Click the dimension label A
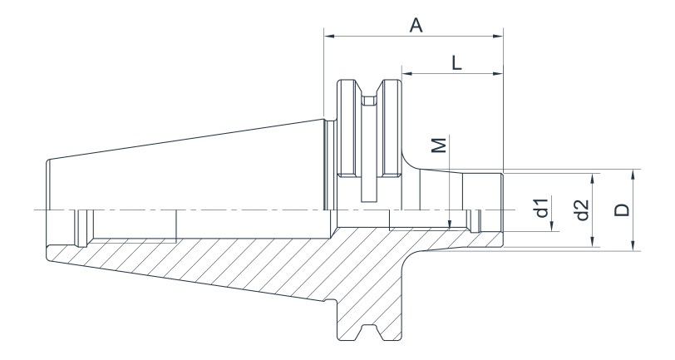pos(416,26)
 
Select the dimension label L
pos(456,62)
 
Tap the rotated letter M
pos(440,145)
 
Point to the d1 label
pos(541,208)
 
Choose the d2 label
pos(582,210)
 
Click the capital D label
pos(622,209)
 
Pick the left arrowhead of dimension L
pos(406,73)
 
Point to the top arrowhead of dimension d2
pos(594,177)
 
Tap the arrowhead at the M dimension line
pos(449,224)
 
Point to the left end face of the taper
pos(47,208)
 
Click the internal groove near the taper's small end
pos(81,228)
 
